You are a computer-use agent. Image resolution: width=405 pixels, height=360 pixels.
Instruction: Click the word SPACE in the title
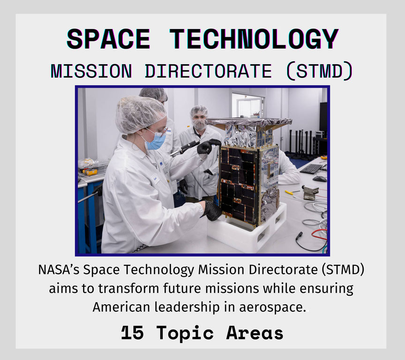[108, 39]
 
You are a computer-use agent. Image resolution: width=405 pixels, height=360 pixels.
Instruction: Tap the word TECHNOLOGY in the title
[254, 39]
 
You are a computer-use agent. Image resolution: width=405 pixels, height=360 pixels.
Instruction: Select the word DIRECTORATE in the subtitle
[208, 71]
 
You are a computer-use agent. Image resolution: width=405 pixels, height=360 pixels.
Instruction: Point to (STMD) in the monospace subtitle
[319, 71]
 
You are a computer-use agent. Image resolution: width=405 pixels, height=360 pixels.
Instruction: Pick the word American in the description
[121, 307]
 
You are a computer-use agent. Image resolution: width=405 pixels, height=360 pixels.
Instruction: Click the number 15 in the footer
[132, 333]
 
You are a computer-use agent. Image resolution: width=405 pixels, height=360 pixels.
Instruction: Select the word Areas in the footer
[255, 333]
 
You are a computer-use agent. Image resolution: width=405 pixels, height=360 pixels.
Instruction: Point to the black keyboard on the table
[311, 169]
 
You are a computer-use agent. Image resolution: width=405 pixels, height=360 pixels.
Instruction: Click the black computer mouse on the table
[320, 179]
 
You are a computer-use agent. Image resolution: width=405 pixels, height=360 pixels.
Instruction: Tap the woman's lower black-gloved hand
[212, 210]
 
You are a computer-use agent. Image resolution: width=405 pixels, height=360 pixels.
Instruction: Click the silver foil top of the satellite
[249, 121]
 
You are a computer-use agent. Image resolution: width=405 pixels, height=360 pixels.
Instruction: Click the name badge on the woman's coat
[155, 179]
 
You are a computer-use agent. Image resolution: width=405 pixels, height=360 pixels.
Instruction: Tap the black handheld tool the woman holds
[184, 149]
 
